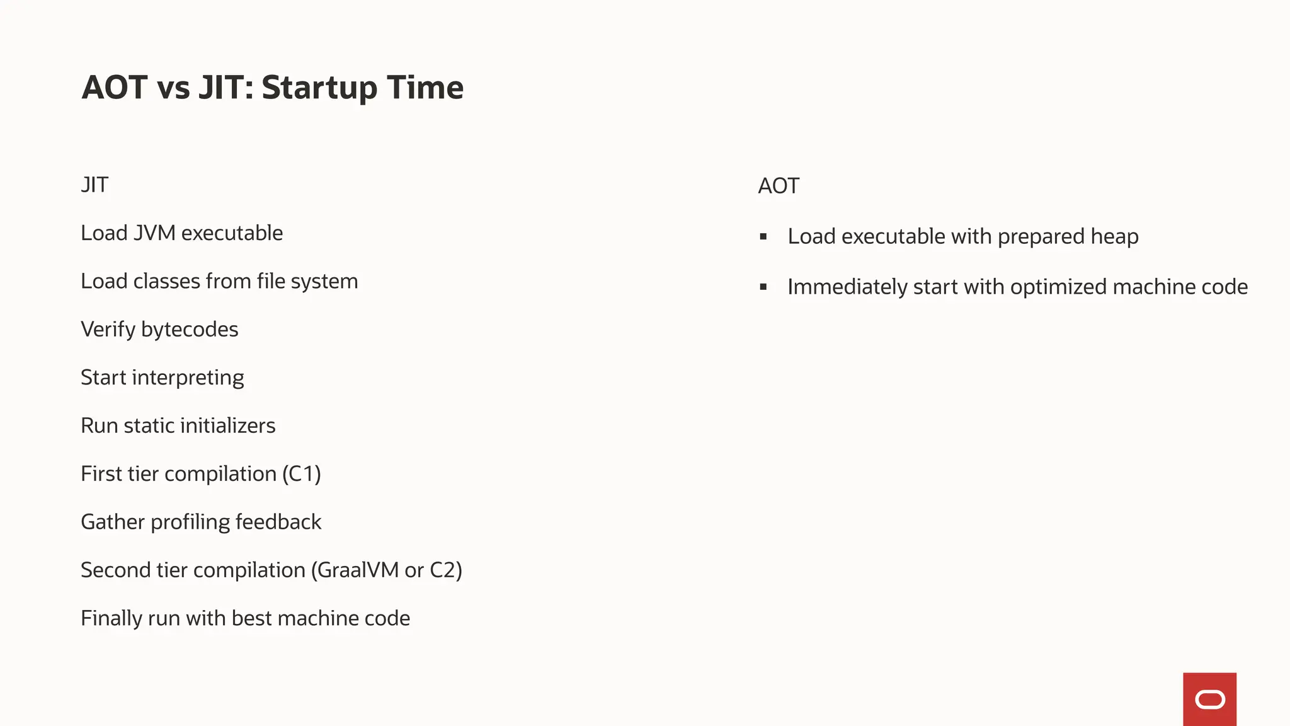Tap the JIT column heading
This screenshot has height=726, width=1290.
94,185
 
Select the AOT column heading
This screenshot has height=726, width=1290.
779,187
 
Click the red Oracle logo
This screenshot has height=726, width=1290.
1209,699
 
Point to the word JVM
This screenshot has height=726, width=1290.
155,233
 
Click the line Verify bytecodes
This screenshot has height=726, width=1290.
159,330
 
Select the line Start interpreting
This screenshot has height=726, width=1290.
163,377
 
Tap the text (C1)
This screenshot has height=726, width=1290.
302,474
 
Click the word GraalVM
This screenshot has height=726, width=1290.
358,570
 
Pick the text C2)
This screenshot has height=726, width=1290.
446,570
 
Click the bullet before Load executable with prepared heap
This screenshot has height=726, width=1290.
763,237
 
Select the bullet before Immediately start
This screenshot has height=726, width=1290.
763,287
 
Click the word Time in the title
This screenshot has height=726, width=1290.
425,88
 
